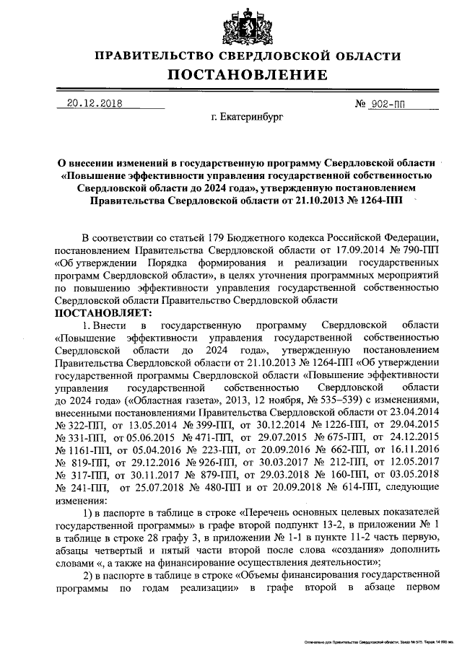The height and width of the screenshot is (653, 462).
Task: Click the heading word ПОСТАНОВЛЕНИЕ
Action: [x=248, y=75]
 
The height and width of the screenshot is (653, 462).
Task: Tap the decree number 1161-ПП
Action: [x=77, y=448]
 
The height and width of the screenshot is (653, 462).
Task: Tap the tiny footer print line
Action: [x=375, y=641]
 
